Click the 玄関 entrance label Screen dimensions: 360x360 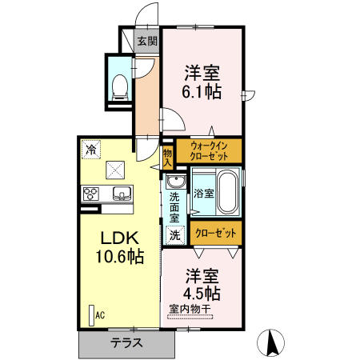pyautogui.click(x=146, y=42)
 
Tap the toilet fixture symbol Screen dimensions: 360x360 pyautogui.click(x=121, y=82)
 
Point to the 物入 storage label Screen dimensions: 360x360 pyautogui.click(x=168, y=157)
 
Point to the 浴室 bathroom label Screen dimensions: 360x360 pyautogui.click(x=203, y=193)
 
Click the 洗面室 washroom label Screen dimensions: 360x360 pyautogui.click(x=174, y=207)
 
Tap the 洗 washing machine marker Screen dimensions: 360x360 pyautogui.click(x=174, y=235)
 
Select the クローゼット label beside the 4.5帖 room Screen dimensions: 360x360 pyautogui.click(x=216, y=234)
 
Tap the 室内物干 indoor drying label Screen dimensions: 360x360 pyautogui.click(x=190, y=308)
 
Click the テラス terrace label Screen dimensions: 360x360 pyautogui.click(x=126, y=343)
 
